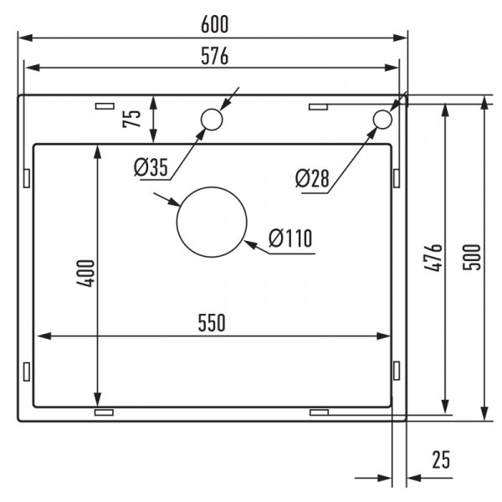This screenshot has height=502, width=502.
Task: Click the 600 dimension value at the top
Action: (x=213, y=26)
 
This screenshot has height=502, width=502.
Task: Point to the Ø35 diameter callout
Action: (x=151, y=167)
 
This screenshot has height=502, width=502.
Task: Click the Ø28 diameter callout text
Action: (x=312, y=178)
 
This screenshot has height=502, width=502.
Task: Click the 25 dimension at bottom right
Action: (x=441, y=458)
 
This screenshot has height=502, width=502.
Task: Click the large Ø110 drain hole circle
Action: (x=212, y=223)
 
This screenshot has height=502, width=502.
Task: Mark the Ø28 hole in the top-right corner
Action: (x=382, y=120)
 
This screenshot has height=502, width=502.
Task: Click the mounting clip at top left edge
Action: (x=105, y=106)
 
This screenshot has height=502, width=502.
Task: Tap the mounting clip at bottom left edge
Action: (x=105, y=412)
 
